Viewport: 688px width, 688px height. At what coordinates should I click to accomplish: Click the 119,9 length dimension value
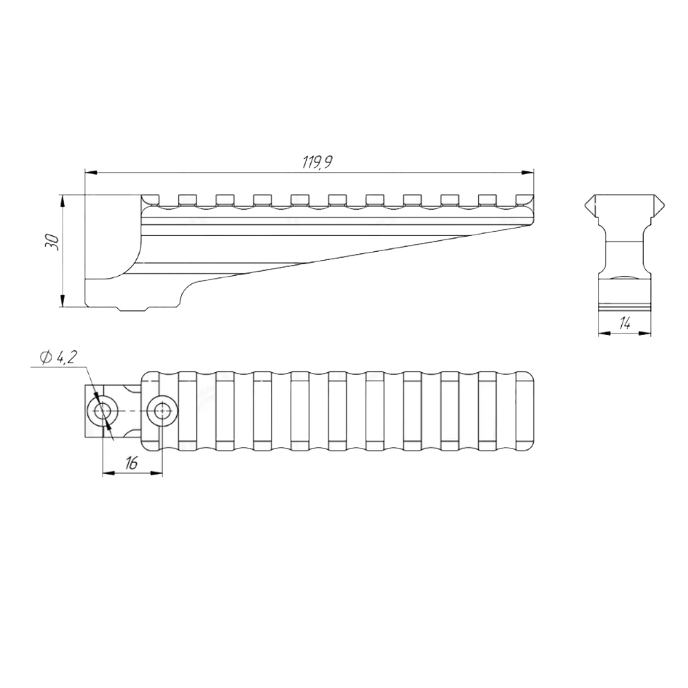click(317, 162)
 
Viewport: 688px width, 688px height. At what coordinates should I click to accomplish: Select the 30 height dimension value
click(53, 242)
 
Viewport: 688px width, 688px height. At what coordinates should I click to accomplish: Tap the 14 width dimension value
click(625, 324)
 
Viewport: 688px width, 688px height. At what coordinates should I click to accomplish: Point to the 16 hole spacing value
click(131, 462)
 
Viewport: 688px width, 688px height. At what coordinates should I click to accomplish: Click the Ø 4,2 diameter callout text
click(58, 358)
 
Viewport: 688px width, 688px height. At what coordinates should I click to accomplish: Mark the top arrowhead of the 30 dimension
click(63, 201)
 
